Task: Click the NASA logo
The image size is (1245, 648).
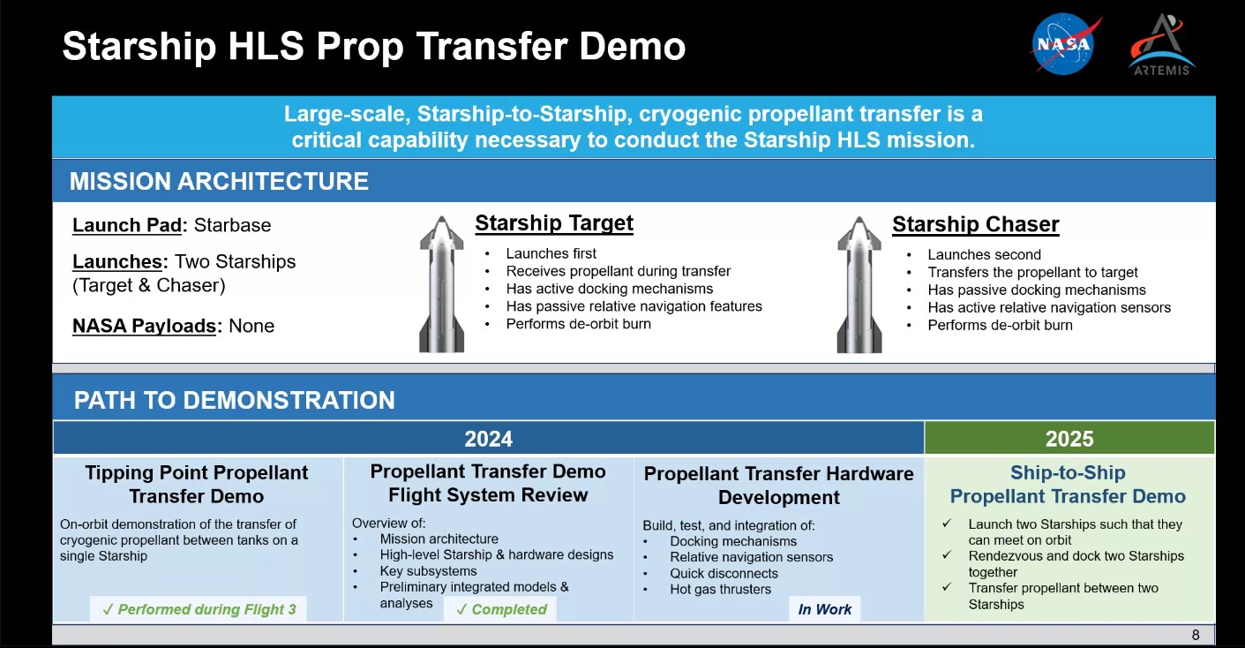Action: pyautogui.click(x=1065, y=44)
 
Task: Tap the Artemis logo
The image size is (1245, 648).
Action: pyautogui.click(x=1161, y=45)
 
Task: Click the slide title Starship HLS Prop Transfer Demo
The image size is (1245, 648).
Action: pyautogui.click(x=373, y=46)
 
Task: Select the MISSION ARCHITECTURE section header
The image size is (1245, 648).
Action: pyautogui.click(x=219, y=181)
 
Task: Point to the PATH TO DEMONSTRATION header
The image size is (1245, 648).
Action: pyautogui.click(x=234, y=400)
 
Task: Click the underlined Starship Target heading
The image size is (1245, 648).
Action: pyautogui.click(x=553, y=223)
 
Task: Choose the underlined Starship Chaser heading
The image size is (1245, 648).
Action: pyautogui.click(x=975, y=224)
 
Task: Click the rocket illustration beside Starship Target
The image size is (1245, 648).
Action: pyautogui.click(x=441, y=284)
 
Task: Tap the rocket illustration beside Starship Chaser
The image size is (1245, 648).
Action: pyautogui.click(x=859, y=284)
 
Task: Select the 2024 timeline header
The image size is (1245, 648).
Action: pyautogui.click(x=488, y=439)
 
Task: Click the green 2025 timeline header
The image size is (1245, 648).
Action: pyautogui.click(x=1069, y=439)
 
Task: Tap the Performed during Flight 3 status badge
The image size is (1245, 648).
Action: pyautogui.click(x=199, y=609)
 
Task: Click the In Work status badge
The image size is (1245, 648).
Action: pyautogui.click(x=824, y=609)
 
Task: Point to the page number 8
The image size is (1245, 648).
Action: pyautogui.click(x=1195, y=635)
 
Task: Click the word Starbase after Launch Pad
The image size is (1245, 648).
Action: pyautogui.click(x=232, y=225)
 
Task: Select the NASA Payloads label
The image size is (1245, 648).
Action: pyautogui.click(x=145, y=326)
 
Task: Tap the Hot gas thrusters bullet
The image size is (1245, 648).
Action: pyautogui.click(x=720, y=589)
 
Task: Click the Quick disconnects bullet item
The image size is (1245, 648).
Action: pyautogui.click(x=724, y=573)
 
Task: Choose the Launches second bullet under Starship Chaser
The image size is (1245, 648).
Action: pyautogui.click(x=984, y=254)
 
